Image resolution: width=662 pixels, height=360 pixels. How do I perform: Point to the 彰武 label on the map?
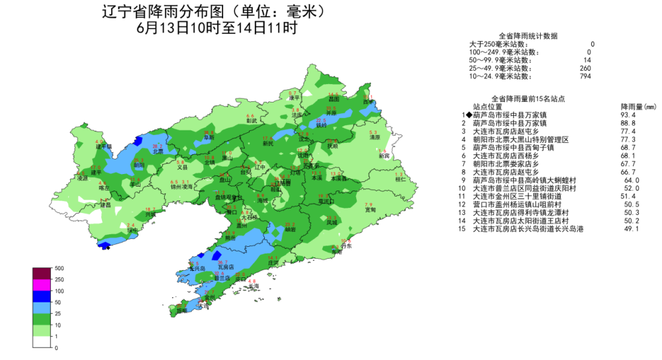click(x=251, y=121)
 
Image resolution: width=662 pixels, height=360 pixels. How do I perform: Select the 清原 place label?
click(x=375, y=138)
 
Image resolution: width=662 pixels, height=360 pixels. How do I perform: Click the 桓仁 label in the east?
click(x=400, y=179)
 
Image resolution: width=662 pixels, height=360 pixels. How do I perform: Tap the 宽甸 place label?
click(x=370, y=210)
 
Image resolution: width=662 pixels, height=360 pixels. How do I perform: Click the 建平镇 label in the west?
click(x=103, y=146)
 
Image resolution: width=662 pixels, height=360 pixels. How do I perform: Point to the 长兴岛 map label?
click(x=197, y=269)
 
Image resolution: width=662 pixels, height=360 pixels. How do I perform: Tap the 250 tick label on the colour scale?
click(x=60, y=279)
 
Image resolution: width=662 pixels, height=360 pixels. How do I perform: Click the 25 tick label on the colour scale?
click(x=58, y=313)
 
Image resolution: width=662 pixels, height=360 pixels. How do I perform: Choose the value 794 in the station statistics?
click(x=585, y=76)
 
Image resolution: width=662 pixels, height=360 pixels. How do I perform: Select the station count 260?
click(x=585, y=68)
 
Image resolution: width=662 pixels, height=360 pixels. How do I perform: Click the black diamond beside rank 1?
click(x=469, y=114)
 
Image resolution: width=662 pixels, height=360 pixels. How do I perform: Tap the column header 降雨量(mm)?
click(x=638, y=106)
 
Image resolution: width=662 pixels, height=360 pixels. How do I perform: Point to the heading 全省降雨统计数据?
click(x=528, y=36)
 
